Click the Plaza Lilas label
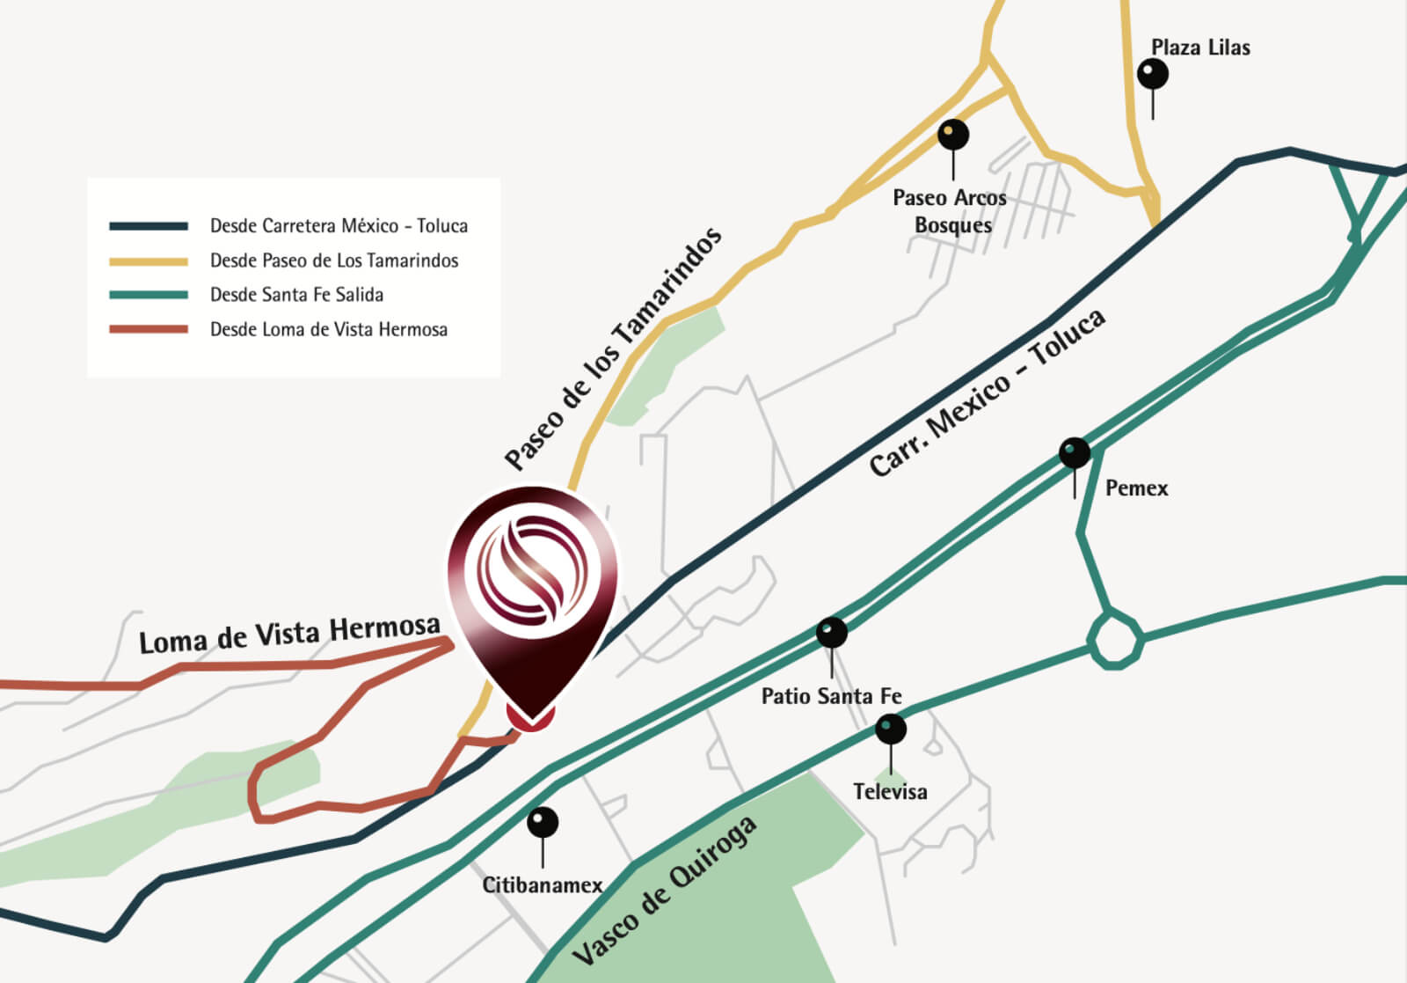(1200, 48)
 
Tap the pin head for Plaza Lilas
(1153, 73)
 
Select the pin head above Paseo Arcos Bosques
(953, 135)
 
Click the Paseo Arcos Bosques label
(951, 211)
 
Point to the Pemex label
(1136, 488)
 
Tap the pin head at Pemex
(1075, 453)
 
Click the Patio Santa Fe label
(831, 696)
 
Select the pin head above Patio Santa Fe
(832, 632)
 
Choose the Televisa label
(890, 792)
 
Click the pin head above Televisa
(891, 729)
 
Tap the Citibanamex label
(543, 885)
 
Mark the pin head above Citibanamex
(543, 823)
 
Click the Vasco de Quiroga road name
(665, 890)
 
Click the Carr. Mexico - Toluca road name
(987, 393)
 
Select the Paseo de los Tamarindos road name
(614, 347)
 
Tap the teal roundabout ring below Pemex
(1115, 639)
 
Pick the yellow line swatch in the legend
(149, 260)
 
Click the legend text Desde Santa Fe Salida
(296, 295)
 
